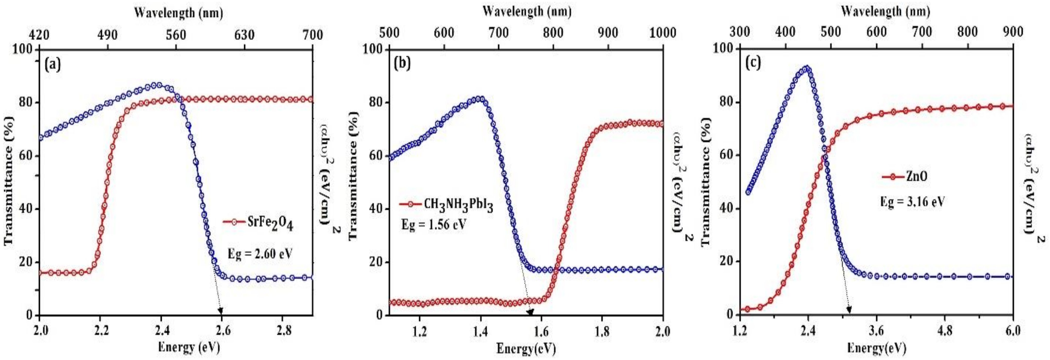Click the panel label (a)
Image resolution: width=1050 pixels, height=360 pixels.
pyautogui.click(x=53, y=64)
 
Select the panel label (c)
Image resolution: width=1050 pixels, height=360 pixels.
pyautogui.click(x=753, y=63)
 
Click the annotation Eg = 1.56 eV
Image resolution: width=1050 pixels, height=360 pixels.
pyautogui.click(x=433, y=225)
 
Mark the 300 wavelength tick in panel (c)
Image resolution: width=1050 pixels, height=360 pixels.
pyautogui.click(x=739, y=32)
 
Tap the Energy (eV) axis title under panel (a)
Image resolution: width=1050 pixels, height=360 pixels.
pyautogui.click(x=189, y=347)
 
